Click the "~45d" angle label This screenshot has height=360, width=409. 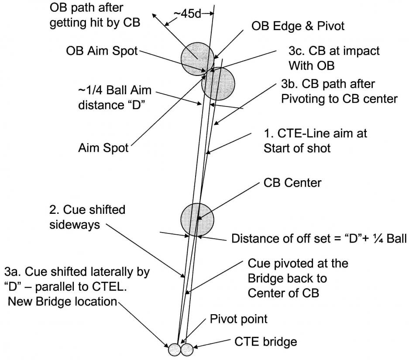click(187, 14)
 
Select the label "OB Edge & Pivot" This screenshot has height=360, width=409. click(298, 26)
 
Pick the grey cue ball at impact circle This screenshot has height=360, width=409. click(218, 84)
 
